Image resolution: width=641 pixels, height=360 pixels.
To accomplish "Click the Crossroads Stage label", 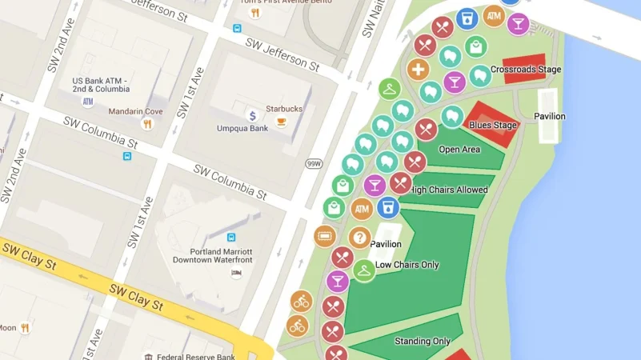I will pyautogui.click(x=525, y=70).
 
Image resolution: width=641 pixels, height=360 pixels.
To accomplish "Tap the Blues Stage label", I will pyautogui.click(x=492, y=125).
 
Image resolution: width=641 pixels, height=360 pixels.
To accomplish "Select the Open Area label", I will pyautogui.click(x=459, y=150).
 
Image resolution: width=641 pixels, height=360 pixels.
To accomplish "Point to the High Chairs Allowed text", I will pyautogui.click(x=448, y=190).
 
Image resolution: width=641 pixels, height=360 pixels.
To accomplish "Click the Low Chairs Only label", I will pyautogui.click(x=407, y=265).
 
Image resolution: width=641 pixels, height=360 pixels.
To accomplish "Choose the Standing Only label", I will pyautogui.click(x=422, y=342).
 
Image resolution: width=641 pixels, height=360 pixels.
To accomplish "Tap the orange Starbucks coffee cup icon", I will pyautogui.click(x=281, y=122).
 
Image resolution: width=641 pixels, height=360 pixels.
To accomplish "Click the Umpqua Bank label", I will pyautogui.click(x=242, y=128).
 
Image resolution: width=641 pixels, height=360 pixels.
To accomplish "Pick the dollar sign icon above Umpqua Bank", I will pyautogui.click(x=252, y=115).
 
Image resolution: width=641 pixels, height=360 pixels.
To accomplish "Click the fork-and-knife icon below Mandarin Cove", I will pyautogui.click(x=146, y=124).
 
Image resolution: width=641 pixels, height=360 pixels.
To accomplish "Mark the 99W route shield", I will pyautogui.click(x=313, y=164).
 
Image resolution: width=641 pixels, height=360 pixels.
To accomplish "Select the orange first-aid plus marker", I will pyautogui.click(x=418, y=70).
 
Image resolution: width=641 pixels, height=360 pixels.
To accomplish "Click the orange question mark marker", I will pyautogui.click(x=359, y=238).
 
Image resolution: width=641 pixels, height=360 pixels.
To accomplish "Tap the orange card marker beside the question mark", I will pyautogui.click(x=324, y=236).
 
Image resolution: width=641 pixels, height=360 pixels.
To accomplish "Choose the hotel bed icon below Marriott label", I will pyautogui.click(x=235, y=273).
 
